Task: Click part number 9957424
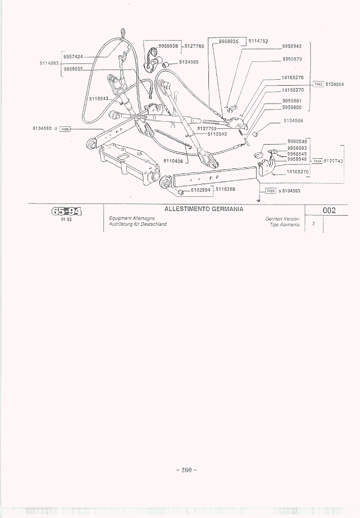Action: pyautogui.click(x=73, y=57)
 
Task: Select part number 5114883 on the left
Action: pyautogui.click(x=49, y=63)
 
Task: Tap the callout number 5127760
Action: pyautogui.click(x=194, y=46)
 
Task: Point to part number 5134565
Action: pyautogui.click(x=189, y=62)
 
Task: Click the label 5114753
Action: pyautogui.click(x=258, y=41)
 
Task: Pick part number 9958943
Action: pyautogui.click(x=292, y=46)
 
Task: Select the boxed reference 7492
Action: pyautogui.click(x=318, y=84)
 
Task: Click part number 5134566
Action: pyautogui.click(x=293, y=121)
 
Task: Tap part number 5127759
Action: pyautogui.click(x=207, y=129)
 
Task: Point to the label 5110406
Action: pyautogui.click(x=173, y=161)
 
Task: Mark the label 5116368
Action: pyautogui.click(x=226, y=189)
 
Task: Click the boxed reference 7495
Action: pyautogui.click(x=270, y=191)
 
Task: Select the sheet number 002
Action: pyautogui.click(x=330, y=211)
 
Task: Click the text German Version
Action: pyautogui.click(x=282, y=218)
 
